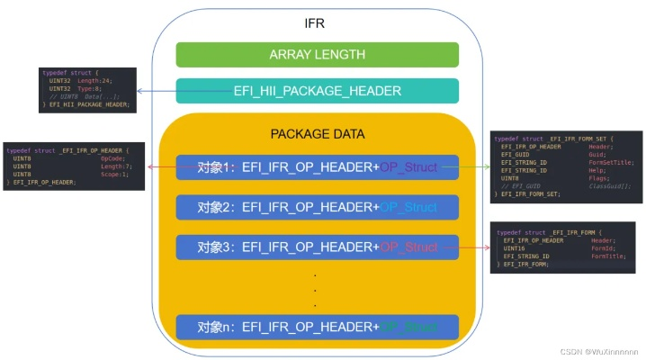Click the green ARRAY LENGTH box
tap(317, 55)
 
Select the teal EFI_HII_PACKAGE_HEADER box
tap(317, 90)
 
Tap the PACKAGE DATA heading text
tap(317, 134)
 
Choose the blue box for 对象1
tap(317, 168)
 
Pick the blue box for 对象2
tap(317, 208)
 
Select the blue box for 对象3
tap(317, 247)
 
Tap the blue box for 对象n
tap(317, 326)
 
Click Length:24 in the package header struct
tap(94, 80)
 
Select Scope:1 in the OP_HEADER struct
tap(113, 173)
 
